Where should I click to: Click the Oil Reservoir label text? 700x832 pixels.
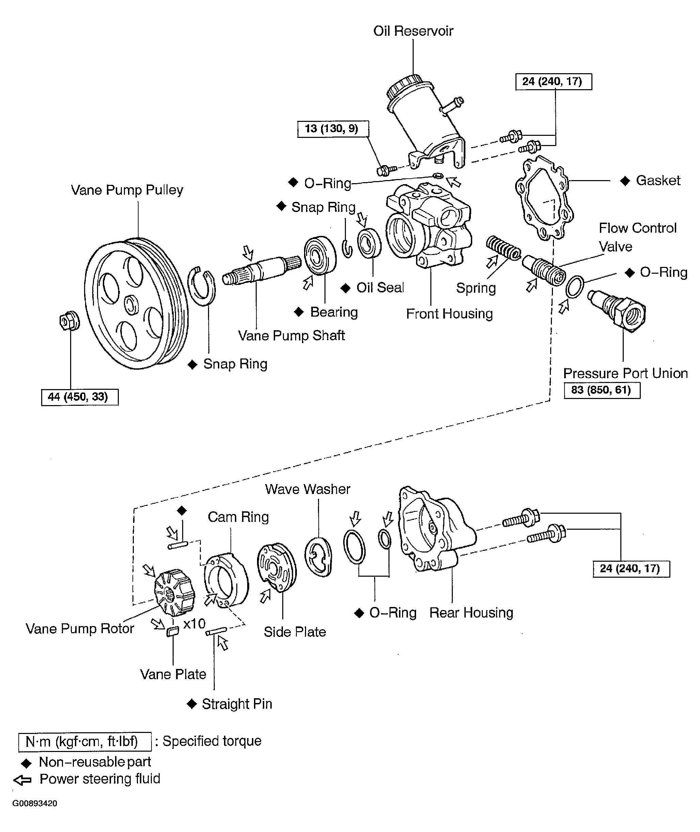pyautogui.click(x=413, y=31)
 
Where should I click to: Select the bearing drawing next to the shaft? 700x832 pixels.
pyautogui.click(x=319, y=256)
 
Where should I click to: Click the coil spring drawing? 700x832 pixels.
pyautogui.click(x=503, y=248)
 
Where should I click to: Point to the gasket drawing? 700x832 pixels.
pyautogui.click(x=544, y=198)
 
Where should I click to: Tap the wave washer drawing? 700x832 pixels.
pyautogui.click(x=319, y=557)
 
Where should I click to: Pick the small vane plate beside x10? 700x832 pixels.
pyautogui.click(x=172, y=631)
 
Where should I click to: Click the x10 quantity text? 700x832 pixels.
pyautogui.click(x=194, y=624)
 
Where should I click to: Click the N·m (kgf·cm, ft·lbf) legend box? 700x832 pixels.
pyautogui.click(x=84, y=741)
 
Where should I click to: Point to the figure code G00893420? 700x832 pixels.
pyautogui.click(x=35, y=803)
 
